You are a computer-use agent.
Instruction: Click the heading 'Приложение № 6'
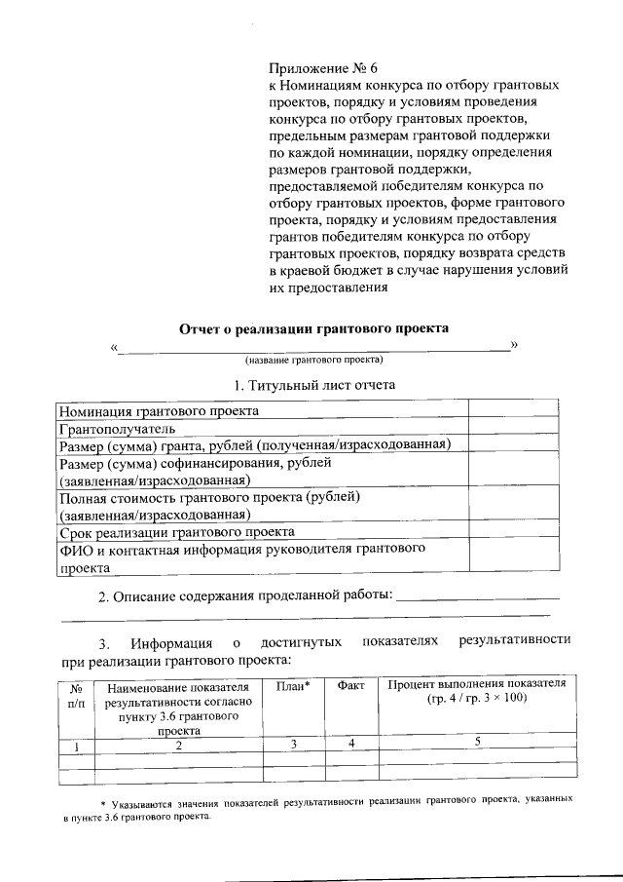tap(321, 68)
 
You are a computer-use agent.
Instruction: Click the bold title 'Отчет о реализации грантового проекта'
tap(314, 328)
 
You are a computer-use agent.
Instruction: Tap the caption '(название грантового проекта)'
tap(314, 359)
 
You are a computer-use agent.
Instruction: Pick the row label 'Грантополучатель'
tap(117, 428)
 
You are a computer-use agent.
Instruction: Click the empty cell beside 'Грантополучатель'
tap(513, 428)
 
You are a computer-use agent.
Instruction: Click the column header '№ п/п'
tap(77, 694)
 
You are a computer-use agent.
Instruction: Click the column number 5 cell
tap(477, 744)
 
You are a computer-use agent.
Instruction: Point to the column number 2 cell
tap(178, 746)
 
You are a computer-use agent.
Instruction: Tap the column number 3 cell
tap(293, 744)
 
